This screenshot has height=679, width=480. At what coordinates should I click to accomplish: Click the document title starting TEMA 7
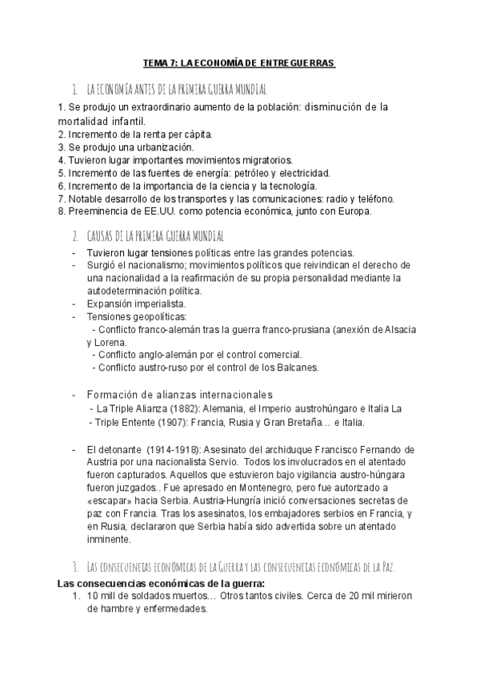click(x=239, y=62)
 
